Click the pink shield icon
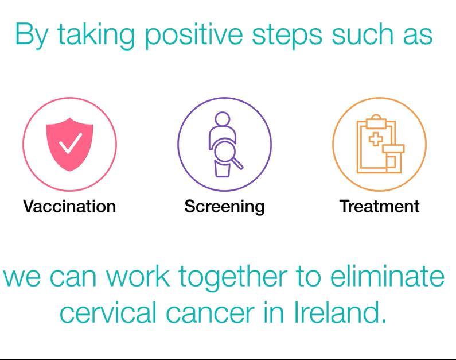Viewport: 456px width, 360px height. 69,144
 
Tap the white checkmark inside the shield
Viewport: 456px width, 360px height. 70,143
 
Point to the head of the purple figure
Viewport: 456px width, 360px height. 223,119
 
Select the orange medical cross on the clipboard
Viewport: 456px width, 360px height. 376,140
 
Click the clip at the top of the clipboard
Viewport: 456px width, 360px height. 376,122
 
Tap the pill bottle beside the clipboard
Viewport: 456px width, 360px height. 393,158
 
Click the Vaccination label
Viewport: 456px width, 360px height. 69,206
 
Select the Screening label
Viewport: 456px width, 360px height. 224,207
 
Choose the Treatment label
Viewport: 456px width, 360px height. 379,206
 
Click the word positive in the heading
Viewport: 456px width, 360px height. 193,36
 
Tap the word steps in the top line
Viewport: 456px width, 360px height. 287,37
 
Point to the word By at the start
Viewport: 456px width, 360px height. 31,35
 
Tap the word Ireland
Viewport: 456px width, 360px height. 341,311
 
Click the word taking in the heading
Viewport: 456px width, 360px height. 96,36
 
